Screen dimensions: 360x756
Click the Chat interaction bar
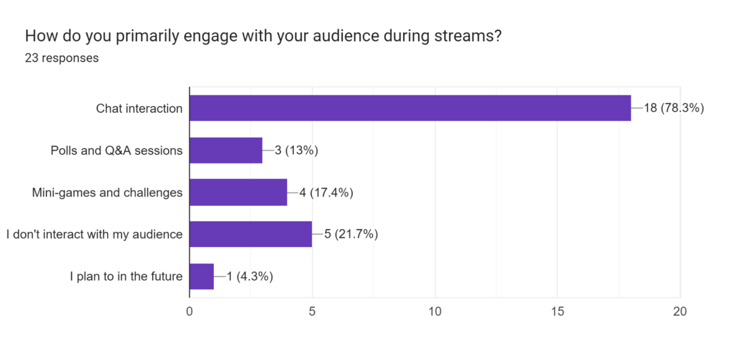tap(410, 108)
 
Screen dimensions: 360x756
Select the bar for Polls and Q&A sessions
tap(226, 150)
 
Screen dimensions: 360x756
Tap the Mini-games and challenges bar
tap(238, 192)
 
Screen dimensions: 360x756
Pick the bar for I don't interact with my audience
tap(251, 234)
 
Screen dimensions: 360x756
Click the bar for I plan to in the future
tap(202, 276)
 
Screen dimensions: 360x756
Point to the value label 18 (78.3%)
tap(674, 108)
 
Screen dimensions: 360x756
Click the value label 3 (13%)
tap(296, 150)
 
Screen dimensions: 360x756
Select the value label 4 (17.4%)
tap(326, 192)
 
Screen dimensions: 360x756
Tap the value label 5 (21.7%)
tap(351, 234)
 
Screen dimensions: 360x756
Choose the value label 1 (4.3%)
tap(250, 276)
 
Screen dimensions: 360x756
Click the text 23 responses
tap(62, 58)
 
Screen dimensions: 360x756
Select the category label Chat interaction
tap(139, 108)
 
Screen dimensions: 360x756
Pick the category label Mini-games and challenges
tap(107, 192)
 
